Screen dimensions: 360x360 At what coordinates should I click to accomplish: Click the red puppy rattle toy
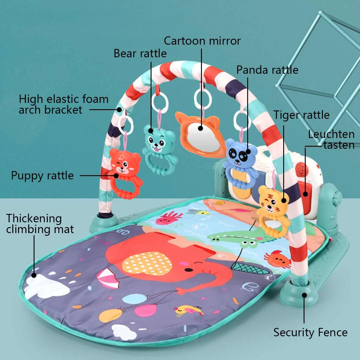pyautogui.click(x=124, y=171)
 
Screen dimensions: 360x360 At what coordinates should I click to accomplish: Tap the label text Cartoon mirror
pyautogui.click(x=202, y=41)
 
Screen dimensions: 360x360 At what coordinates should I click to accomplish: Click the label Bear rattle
pyautogui.click(x=140, y=53)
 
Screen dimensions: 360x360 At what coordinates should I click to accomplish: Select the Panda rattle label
pyautogui.click(x=267, y=70)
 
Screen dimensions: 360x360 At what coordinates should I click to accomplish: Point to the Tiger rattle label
pyautogui.click(x=301, y=115)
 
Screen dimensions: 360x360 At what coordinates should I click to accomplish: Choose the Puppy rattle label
pyautogui.click(x=42, y=175)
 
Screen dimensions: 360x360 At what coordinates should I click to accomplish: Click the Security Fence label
pyautogui.click(x=310, y=332)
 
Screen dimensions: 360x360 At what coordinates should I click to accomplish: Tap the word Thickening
pyautogui.click(x=34, y=218)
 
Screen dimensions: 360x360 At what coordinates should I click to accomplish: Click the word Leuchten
pyautogui.click(x=331, y=134)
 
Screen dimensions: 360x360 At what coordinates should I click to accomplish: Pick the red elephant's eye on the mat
pyautogui.click(x=189, y=270)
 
